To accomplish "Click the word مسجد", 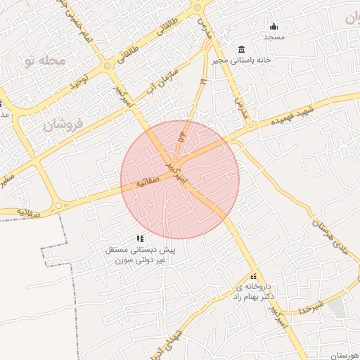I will pos(274,37).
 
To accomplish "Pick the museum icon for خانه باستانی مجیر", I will pos(242,49).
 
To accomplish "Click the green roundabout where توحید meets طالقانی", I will pos(107,65).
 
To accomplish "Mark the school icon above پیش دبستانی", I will pos(140,238).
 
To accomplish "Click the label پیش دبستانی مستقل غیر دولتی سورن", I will pos(140,255).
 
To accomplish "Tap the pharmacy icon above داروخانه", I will pos(253,276).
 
